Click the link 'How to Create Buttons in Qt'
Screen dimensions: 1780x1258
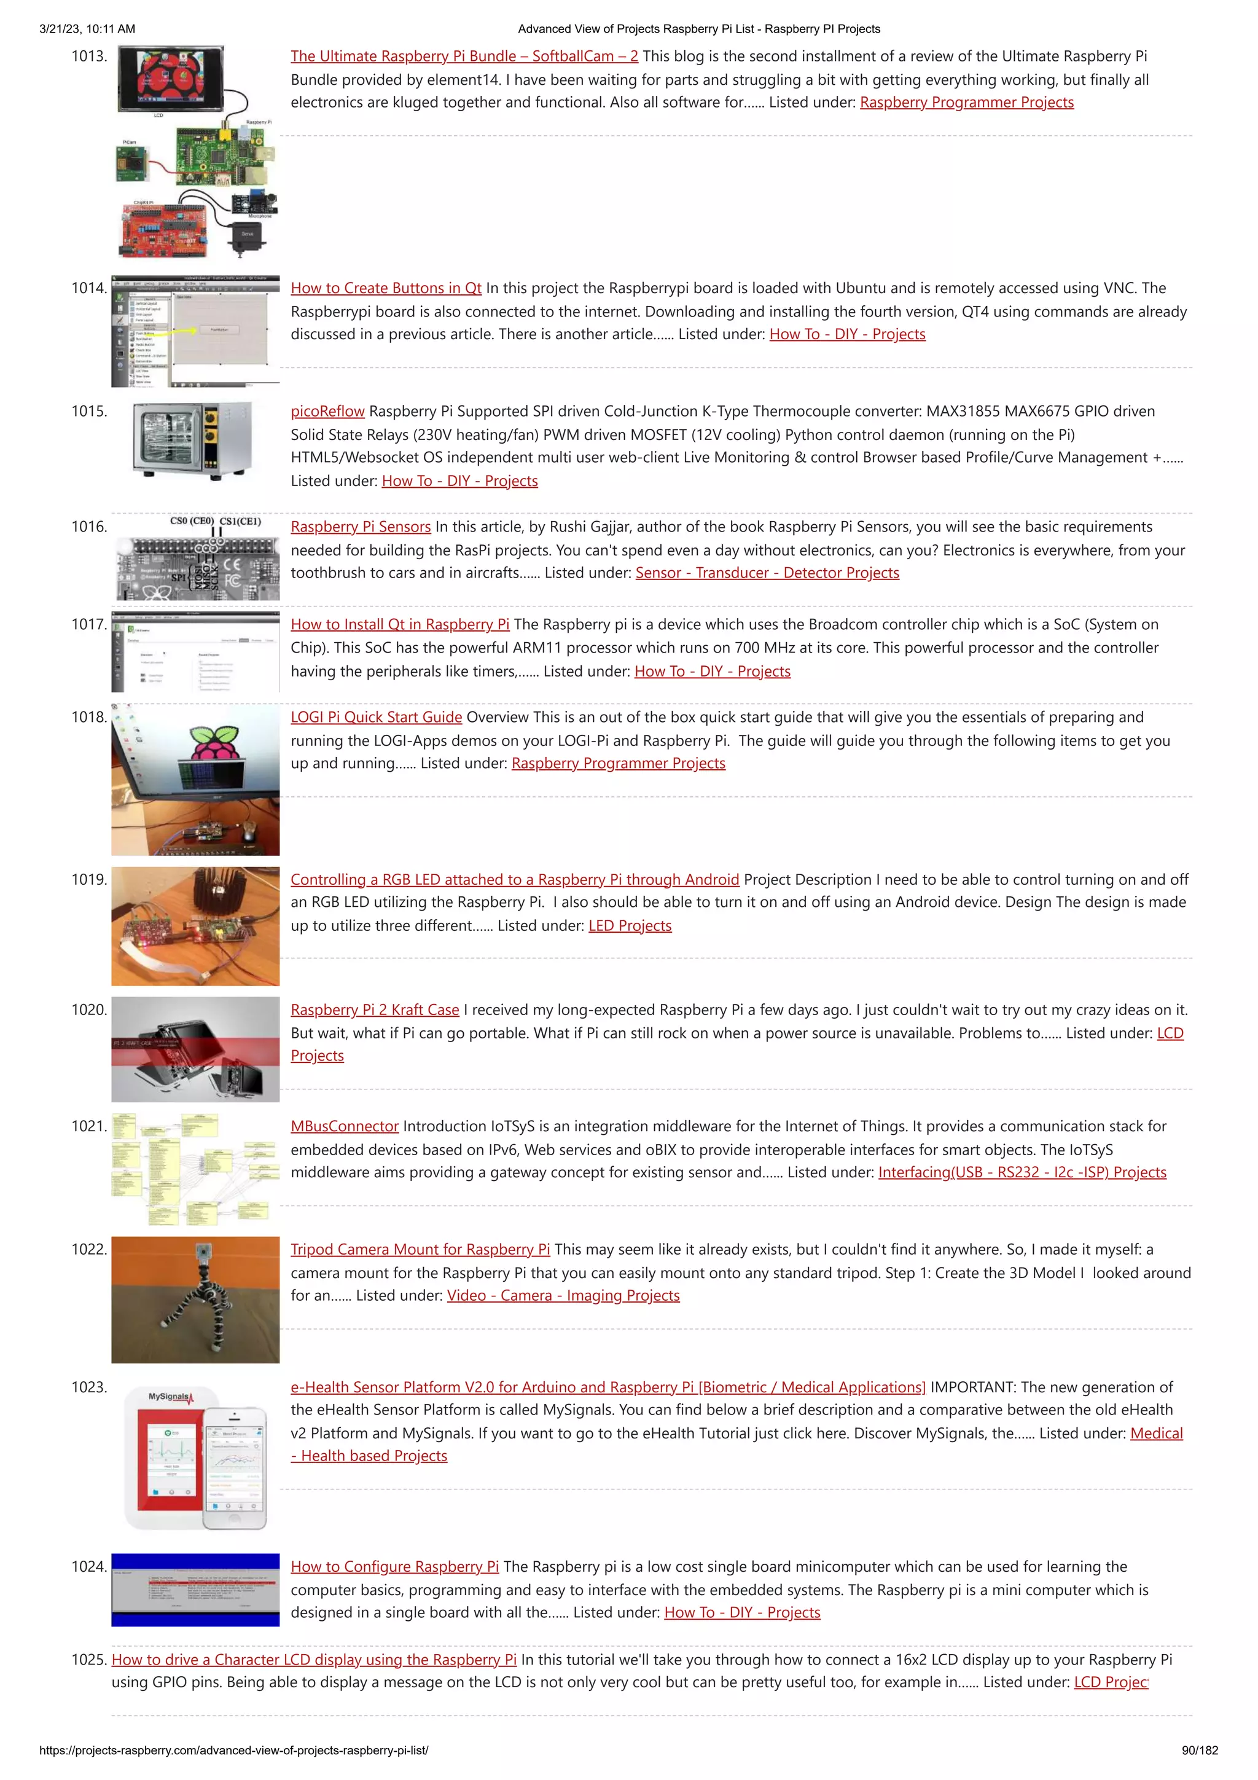pos(386,288)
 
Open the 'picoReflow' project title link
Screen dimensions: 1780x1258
pos(327,411)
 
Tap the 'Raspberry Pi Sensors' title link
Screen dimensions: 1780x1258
pos(361,527)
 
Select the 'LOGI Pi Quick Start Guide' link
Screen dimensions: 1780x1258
pos(376,717)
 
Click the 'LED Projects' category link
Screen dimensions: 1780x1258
pos(630,926)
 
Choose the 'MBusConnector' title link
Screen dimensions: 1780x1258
pos(344,1126)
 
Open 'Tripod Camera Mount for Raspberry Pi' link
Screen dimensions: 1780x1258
pos(420,1249)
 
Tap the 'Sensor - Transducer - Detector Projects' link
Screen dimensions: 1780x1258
pos(767,573)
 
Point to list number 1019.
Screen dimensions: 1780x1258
pos(88,879)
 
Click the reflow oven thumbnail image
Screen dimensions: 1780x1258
pos(192,439)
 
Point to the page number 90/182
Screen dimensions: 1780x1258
pos(1199,1750)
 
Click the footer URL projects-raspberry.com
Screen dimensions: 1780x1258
pos(233,1750)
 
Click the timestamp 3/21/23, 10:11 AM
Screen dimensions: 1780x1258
pos(87,29)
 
